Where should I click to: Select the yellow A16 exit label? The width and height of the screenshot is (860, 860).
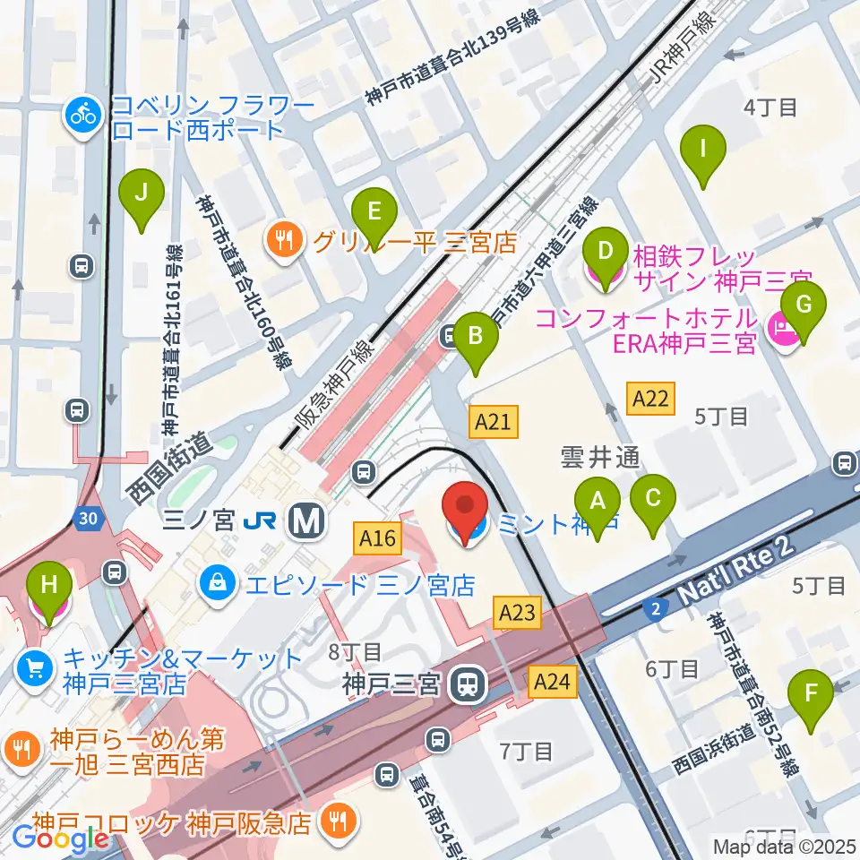377,538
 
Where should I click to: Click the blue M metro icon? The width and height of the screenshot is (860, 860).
305,520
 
